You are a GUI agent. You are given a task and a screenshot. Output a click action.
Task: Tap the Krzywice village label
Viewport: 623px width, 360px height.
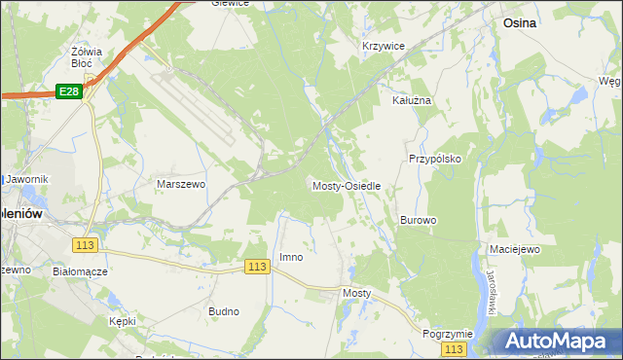383,46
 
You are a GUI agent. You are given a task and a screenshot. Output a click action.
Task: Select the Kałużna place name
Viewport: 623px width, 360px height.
411,100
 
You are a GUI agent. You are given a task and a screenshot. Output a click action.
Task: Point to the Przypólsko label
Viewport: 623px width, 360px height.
433,158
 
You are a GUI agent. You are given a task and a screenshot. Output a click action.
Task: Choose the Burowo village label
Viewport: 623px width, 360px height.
418,220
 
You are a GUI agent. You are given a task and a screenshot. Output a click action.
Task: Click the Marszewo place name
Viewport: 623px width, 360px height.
181,183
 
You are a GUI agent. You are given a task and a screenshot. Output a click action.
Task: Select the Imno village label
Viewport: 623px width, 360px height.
291,257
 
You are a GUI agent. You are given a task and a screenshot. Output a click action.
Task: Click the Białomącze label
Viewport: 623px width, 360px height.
79,272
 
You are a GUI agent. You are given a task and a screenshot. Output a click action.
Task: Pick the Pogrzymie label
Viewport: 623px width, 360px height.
448,333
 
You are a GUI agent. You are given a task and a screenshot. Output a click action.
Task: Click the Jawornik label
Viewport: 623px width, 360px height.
26,179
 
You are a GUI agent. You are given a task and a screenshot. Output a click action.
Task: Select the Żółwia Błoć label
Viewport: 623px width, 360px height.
88,55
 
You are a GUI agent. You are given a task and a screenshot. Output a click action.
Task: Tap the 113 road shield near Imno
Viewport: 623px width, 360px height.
257,267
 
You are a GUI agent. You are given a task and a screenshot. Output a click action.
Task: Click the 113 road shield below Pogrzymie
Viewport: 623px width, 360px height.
454,348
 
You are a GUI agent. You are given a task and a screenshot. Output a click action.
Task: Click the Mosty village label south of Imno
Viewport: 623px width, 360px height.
357,292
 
